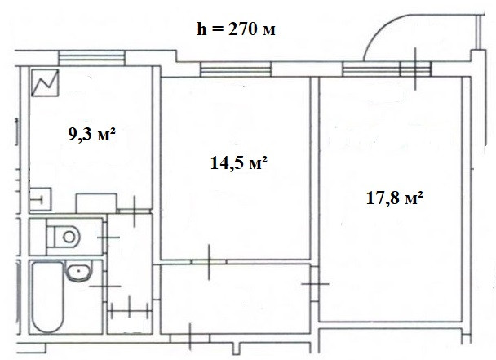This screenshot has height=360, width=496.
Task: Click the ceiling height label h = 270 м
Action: [236, 29]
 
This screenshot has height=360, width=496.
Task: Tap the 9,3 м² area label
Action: [91, 134]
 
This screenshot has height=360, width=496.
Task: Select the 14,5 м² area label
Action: [239, 163]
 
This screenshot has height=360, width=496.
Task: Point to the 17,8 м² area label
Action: [395, 198]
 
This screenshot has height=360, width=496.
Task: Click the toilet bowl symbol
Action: [64, 237]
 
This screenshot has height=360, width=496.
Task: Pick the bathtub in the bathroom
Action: [48, 296]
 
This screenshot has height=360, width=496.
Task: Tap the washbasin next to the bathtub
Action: [79, 271]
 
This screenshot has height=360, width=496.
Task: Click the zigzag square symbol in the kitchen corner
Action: [45, 82]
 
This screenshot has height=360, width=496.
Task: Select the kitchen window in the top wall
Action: [91, 59]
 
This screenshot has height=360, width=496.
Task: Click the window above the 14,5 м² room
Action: [236, 69]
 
